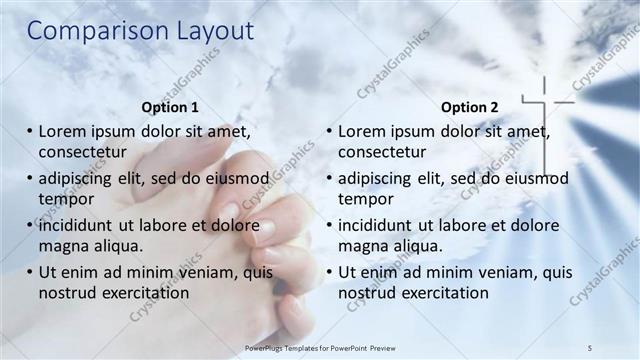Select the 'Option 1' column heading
[x=171, y=106]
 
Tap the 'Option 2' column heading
[x=469, y=106]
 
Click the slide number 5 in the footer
[x=591, y=347]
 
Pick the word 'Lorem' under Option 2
[x=362, y=131]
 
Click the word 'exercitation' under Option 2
[x=438, y=293]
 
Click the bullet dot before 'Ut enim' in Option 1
[x=29, y=272]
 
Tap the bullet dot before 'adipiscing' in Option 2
[x=329, y=178]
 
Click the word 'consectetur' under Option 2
[x=382, y=152]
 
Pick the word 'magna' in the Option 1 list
[x=62, y=246]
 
